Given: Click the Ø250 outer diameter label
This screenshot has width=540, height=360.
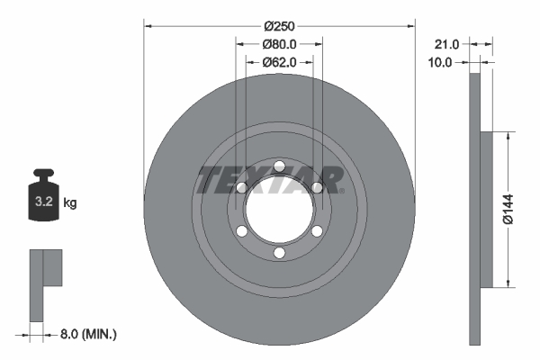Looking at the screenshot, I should [279, 25].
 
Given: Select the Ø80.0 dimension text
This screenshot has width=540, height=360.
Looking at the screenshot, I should [279, 44].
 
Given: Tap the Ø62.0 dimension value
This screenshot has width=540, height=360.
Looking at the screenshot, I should [279, 62].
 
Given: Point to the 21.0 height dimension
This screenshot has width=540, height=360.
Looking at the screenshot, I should [446, 43].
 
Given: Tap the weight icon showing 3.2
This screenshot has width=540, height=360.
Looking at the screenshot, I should [43, 200].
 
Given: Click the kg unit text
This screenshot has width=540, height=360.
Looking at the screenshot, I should [70, 203].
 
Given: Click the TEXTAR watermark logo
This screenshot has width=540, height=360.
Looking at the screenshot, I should [270, 180].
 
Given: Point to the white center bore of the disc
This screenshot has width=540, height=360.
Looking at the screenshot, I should [279, 209].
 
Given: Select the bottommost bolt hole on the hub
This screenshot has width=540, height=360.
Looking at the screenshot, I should [279, 254].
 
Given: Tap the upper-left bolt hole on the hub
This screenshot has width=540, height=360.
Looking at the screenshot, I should [241, 187].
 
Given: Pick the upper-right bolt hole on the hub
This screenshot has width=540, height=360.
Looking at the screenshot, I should [317, 187].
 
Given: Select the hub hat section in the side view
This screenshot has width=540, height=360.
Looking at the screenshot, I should [487, 209].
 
